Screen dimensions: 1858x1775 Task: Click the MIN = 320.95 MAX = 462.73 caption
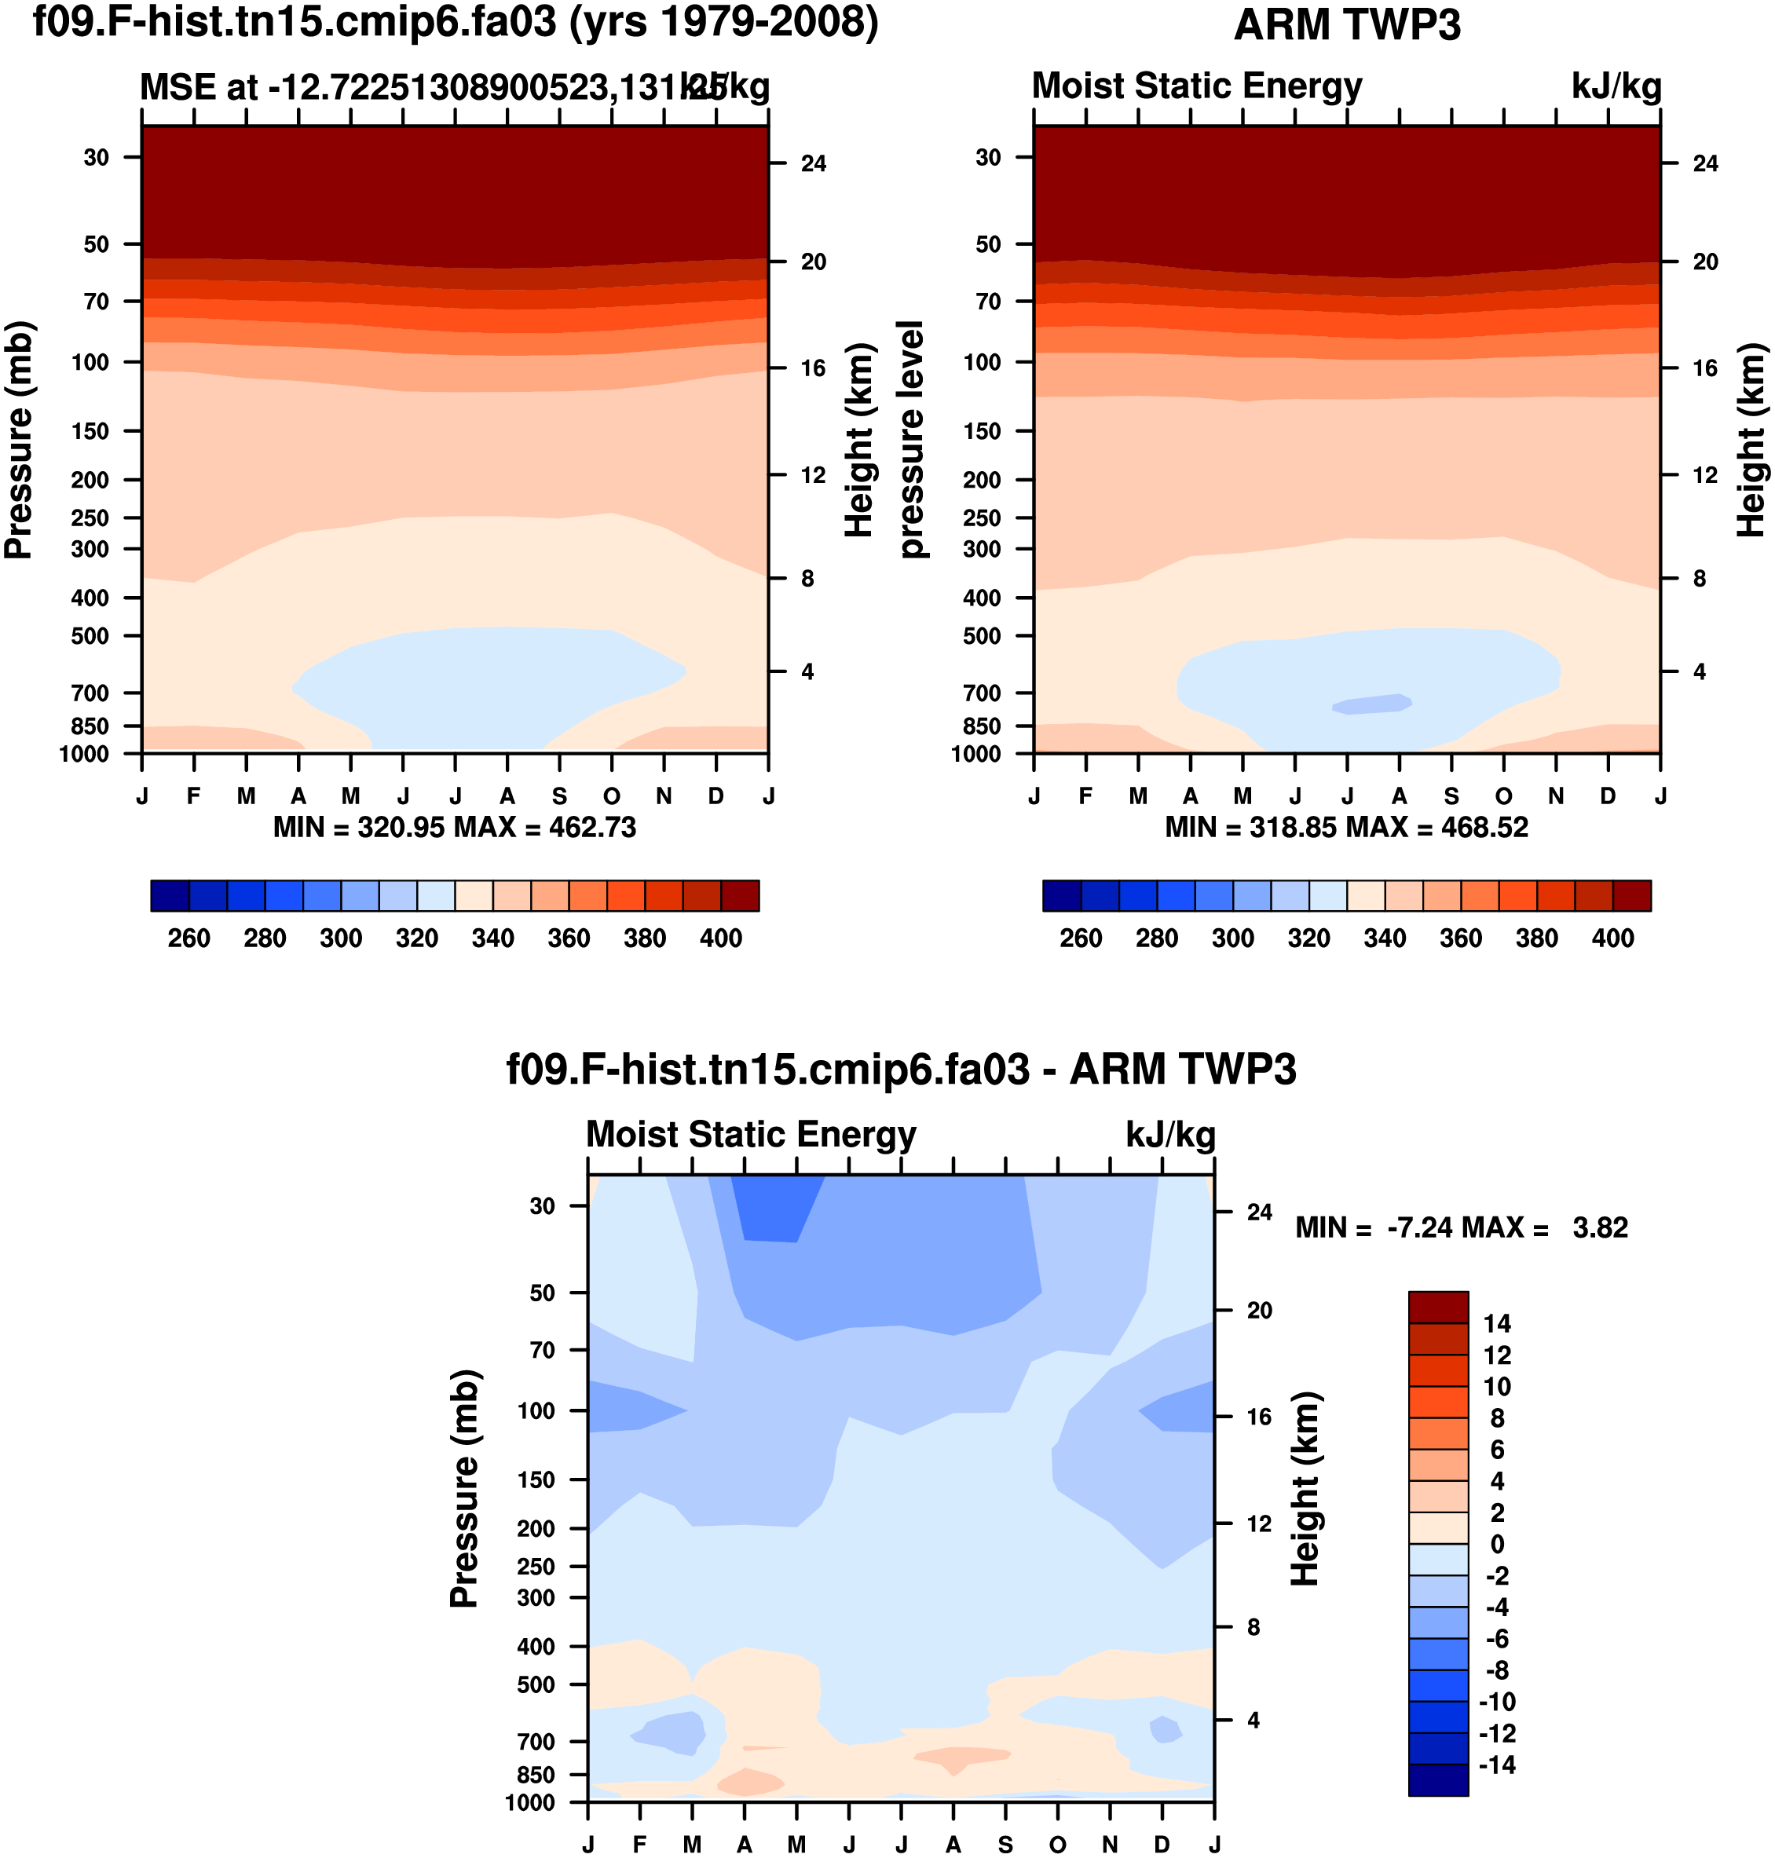454,828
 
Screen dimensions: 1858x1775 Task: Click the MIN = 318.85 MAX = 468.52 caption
1346,828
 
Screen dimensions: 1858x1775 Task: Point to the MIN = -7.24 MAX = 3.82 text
1461,1228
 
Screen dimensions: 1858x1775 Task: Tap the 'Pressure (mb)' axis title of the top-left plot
19,440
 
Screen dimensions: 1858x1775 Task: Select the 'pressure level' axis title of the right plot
910,440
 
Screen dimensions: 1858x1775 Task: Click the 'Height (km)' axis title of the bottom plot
1305,1489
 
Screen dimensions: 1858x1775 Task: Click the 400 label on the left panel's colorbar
721,938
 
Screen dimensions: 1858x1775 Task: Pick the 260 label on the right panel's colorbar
1081,938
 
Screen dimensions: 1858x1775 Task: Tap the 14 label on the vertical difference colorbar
1497,1323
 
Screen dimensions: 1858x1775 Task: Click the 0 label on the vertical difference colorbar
1497,1544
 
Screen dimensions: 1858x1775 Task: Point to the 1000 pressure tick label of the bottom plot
530,1802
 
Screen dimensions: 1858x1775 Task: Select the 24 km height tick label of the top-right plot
1705,163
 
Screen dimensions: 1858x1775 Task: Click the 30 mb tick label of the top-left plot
97,157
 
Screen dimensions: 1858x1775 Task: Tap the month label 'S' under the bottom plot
1005,1845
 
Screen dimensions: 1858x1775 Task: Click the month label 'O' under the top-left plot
612,796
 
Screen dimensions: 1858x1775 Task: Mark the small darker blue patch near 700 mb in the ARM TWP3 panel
1372,704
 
